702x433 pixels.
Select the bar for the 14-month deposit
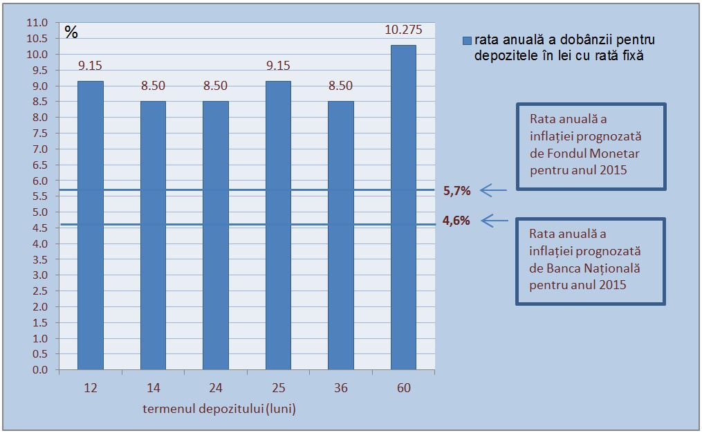(x=153, y=235)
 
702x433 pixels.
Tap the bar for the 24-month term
(x=216, y=235)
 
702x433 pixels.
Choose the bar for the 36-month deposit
(x=341, y=235)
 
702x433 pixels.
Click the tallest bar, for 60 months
(x=403, y=208)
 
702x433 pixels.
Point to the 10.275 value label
(x=403, y=30)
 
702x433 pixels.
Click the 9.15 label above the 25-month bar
(x=278, y=66)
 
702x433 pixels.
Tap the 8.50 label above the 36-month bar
(x=341, y=86)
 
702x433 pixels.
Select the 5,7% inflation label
(x=456, y=190)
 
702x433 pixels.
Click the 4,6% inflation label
(x=456, y=221)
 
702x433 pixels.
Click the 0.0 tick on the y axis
(x=39, y=370)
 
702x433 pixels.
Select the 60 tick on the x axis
(x=403, y=388)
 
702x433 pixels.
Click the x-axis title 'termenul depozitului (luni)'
(x=219, y=409)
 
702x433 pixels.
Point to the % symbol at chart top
(x=71, y=32)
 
